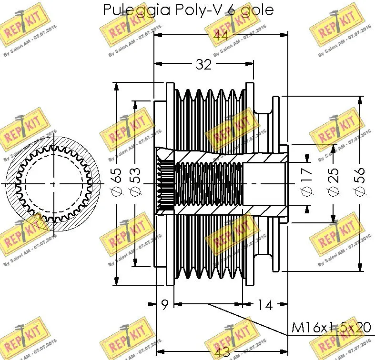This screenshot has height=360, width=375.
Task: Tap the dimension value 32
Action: [x=203, y=64]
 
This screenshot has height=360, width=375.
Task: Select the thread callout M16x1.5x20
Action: [x=332, y=328]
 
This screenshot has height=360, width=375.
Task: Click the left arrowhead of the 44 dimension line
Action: [x=157, y=35]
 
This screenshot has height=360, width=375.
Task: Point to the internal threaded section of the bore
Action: [x=210, y=184]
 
